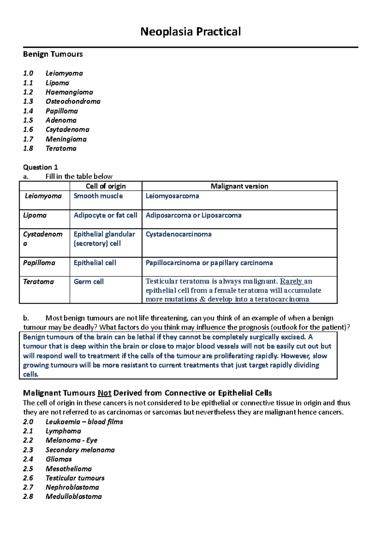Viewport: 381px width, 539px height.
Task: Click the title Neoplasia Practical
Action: (x=190, y=32)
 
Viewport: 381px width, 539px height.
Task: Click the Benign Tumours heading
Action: (x=53, y=54)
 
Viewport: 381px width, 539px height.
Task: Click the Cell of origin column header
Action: (x=106, y=186)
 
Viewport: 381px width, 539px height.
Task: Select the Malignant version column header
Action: (x=239, y=186)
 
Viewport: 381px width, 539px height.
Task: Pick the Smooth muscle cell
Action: (x=98, y=196)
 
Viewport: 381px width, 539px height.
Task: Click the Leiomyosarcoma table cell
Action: (x=172, y=196)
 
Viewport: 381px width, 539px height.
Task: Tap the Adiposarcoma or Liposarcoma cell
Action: (x=193, y=215)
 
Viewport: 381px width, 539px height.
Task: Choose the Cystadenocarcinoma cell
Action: (x=178, y=234)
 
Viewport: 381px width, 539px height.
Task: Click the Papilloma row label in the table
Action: (x=39, y=263)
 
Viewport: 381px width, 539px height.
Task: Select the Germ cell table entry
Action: (x=89, y=282)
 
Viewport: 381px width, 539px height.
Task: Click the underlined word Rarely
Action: (x=291, y=281)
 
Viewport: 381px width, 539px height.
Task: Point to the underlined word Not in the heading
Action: (x=104, y=393)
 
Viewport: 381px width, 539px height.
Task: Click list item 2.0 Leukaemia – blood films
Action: (x=84, y=422)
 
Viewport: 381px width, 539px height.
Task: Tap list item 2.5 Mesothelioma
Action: (x=69, y=469)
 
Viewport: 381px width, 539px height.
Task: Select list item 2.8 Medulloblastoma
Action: (x=74, y=496)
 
